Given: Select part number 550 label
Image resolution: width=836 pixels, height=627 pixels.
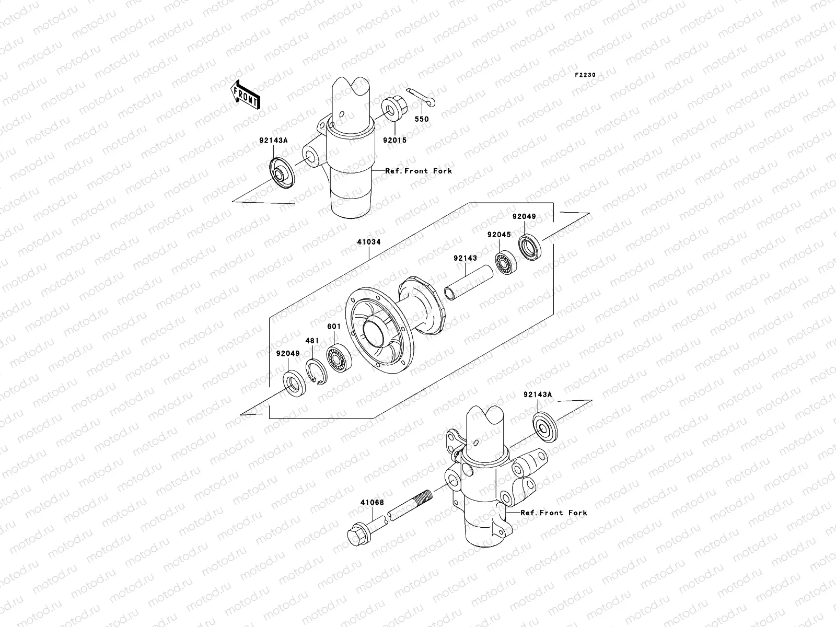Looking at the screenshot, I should point(422,119).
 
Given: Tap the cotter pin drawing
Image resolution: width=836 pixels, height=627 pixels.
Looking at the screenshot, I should point(422,97).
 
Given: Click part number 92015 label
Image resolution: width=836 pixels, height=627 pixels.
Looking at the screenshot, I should point(394,140).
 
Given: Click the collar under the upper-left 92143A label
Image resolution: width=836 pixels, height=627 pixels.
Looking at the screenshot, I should point(282,172).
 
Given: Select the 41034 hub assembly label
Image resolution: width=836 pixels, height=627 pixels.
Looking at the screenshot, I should point(369,242).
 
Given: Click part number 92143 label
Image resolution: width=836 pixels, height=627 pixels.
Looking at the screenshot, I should point(465,258).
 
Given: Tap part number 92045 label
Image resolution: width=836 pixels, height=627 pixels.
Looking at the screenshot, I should point(499,235).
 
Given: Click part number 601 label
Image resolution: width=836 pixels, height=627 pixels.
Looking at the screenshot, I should point(334,327).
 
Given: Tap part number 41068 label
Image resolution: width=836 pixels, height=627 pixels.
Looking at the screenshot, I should point(371,503).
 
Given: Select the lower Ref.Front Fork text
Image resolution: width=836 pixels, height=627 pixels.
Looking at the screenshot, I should point(553,513).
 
